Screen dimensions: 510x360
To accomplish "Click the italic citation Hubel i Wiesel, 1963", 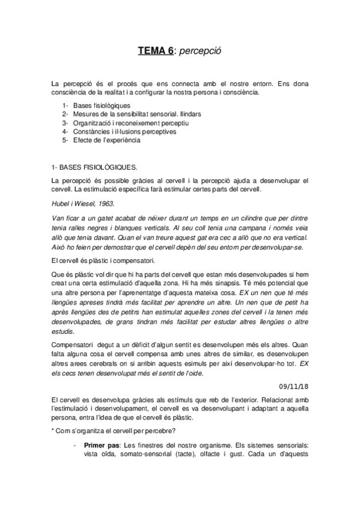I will (82, 204).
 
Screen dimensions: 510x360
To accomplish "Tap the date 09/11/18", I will (294, 386).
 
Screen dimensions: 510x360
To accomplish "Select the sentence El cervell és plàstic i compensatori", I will (104, 261).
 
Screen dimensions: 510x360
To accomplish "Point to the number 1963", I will (106, 204).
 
